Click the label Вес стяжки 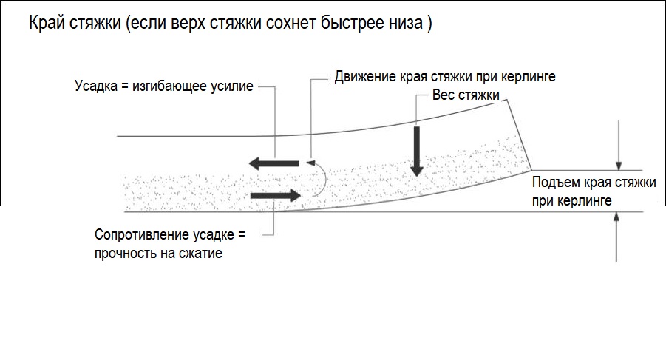[466, 95]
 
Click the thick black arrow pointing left [274, 163]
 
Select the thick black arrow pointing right [276, 195]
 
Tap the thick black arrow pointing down [417, 151]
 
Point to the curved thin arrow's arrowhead [310, 163]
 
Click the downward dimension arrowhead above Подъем [619, 166]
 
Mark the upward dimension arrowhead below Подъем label [616, 217]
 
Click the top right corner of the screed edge [507, 100]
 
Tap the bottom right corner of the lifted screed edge [531, 170]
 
